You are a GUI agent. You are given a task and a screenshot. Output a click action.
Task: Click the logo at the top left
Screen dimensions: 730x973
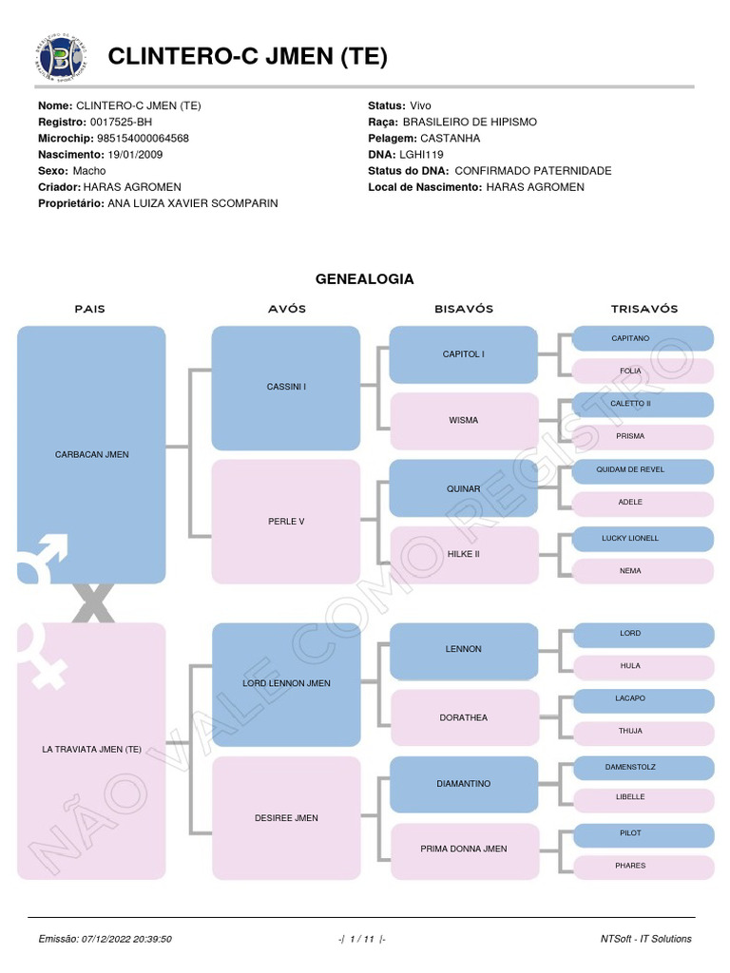tap(59, 57)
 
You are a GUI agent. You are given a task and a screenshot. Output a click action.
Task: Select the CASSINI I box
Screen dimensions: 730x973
tap(285, 388)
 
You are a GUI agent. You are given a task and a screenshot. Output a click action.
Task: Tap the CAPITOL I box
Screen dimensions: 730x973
tap(463, 354)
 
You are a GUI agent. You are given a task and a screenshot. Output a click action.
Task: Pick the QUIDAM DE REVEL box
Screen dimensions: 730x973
tap(643, 470)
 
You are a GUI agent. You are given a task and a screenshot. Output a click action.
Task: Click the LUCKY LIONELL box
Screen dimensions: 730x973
tap(643, 539)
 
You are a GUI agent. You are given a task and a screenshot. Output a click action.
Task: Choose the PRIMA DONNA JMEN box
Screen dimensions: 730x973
tap(463, 849)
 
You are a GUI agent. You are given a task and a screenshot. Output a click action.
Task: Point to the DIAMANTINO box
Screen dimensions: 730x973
tap(463, 784)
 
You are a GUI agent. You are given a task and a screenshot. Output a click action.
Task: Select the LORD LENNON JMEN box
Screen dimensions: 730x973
tap(285, 683)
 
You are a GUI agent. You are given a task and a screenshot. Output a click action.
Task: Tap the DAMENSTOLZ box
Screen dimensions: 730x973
tap(643, 767)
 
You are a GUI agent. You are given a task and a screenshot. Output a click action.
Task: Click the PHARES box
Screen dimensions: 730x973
tap(643, 866)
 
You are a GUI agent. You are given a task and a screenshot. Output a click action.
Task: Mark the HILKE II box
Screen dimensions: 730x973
tap(463, 554)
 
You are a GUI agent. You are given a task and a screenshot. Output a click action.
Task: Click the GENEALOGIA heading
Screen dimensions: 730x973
tap(365, 279)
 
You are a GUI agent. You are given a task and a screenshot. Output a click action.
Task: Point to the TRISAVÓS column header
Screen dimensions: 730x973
tap(644, 309)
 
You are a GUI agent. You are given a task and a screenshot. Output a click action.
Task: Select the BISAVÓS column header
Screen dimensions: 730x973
tap(464, 309)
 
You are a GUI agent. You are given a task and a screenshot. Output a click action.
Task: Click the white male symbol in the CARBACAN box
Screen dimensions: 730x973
tap(44, 559)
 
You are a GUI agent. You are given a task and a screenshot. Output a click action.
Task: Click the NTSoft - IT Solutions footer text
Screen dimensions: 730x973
tap(645, 939)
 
